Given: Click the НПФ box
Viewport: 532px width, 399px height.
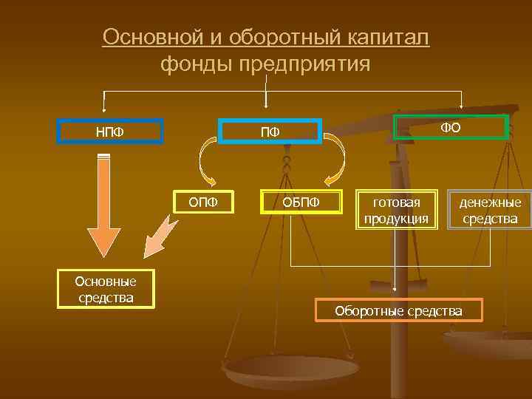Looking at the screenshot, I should click(x=110, y=132).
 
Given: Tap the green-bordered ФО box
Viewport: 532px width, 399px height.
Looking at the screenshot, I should click(x=451, y=127).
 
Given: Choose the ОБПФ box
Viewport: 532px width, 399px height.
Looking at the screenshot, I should click(x=301, y=202).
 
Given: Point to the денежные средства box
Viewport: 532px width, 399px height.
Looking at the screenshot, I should click(x=490, y=210).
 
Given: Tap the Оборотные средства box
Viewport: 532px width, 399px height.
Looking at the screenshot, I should click(x=399, y=310).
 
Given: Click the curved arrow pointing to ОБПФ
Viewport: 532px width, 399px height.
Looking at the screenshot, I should click(x=337, y=161).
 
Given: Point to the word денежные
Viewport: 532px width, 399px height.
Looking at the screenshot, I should click(x=490, y=202).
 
